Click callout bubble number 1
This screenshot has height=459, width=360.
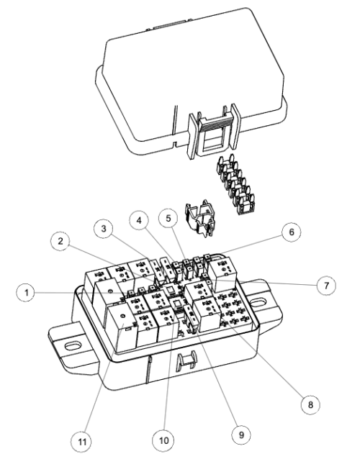pyautogui.click(x=26, y=292)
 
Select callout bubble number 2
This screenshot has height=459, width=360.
pyautogui.click(x=60, y=241)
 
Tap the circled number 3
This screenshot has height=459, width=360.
pyautogui.click(x=104, y=229)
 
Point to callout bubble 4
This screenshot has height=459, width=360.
pyautogui.click(x=139, y=220)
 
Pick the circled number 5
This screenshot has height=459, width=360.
pyautogui.click(x=168, y=218)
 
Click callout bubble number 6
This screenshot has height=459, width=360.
pyautogui.click(x=291, y=232)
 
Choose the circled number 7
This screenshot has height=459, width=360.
pyautogui.click(x=326, y=286)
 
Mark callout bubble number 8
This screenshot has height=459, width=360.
pyautogui.click(x=310, y=404)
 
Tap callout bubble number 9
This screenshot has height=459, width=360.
pyautogui.click(x=241, y=435)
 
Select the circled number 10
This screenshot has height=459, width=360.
pyautogui.click(x=163, y=440)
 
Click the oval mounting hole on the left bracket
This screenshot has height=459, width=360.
pyautogui.click(x=72, y=346)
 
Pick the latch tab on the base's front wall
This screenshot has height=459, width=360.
pyautogui.click(x=186, y=362)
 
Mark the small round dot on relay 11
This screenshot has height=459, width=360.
pyautogui.click(x=122, y=316)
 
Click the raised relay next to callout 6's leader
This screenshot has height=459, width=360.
pyautogui.click(x=222, y=273)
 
